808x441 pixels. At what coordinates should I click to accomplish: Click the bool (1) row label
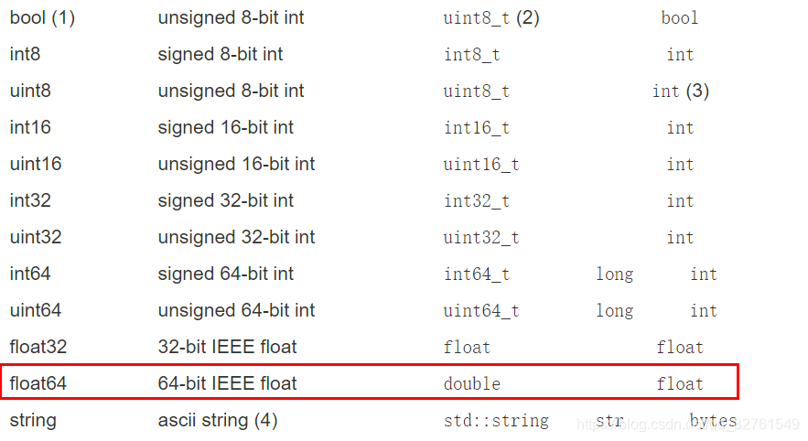(x=42, y=18)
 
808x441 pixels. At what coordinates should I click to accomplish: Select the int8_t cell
(x=472, y=55)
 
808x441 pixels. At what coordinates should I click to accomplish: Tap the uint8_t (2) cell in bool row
(x=491, y=18)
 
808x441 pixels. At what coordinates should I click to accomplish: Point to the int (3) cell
(x=680, y=91)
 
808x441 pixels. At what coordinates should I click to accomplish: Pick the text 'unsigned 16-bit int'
(x=236, y=165)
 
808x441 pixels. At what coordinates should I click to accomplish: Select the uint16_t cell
(x=481, y=165)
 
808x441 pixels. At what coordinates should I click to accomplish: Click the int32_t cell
(x=477, y=201)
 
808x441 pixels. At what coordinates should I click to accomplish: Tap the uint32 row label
(x=35, y=238)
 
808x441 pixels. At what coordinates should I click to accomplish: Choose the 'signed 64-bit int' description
(x=226, y=274)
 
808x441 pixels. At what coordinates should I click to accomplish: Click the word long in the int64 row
(x=614, y=274)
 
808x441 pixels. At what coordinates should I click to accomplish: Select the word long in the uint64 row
(x=614, y=311)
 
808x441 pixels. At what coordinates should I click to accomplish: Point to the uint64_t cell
(x=481, y=311)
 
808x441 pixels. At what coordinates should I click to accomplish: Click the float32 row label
(x=38, y=348)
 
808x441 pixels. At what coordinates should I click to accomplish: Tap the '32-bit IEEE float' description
(x=227, y=348)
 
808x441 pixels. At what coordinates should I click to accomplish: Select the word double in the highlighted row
(x=472, y=384)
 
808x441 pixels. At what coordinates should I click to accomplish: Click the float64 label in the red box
(x=38, y=384)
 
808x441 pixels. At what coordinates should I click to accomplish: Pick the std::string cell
(x=496, y=421)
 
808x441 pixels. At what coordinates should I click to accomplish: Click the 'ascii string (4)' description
(x=218, y=421)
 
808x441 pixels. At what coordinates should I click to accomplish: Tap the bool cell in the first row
(x=680, y=18)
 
